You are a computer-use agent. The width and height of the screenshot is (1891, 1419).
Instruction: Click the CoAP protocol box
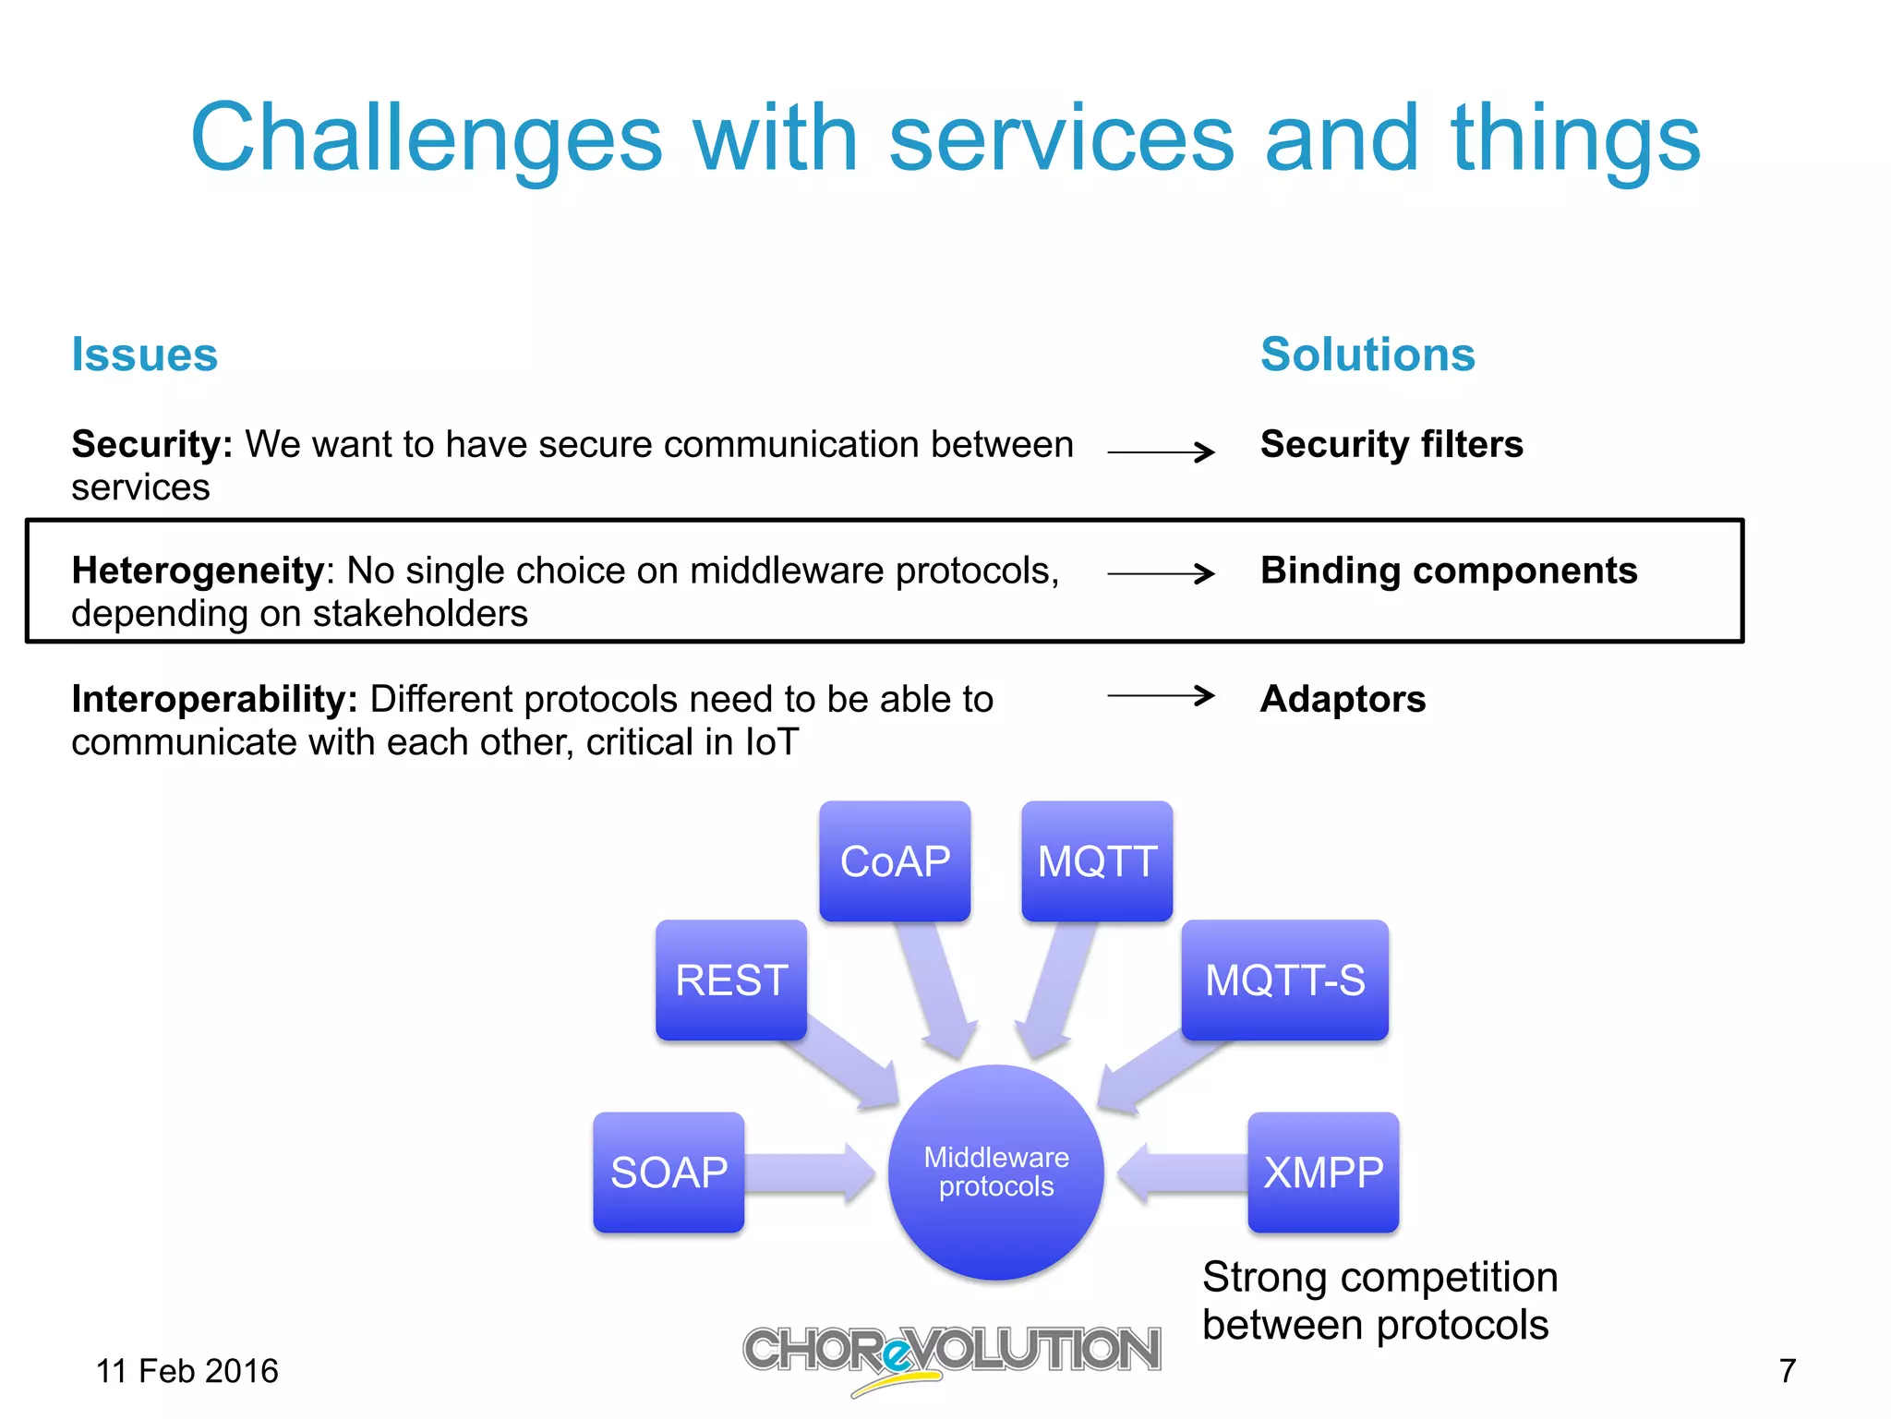point(895,860)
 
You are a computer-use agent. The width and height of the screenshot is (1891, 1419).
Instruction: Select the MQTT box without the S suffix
point(1097,860)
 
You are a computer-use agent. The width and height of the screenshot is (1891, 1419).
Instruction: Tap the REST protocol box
point(731,980)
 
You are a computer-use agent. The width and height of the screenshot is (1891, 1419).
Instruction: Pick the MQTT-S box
point(1284,980)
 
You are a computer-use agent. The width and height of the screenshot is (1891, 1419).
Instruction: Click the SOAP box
point(668,1172)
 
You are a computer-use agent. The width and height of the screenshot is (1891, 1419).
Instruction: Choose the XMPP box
point(1323,1172)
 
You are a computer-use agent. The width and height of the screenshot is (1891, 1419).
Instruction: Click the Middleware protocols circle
point(996,1172)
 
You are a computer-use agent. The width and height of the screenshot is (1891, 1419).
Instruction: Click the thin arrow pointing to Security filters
point(1161,451)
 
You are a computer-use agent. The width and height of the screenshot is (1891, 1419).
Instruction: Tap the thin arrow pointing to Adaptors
point(1161,695)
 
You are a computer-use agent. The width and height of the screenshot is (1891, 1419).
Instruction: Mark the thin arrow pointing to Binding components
point(1161,573)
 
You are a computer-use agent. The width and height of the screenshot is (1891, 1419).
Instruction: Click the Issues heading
point(145,355)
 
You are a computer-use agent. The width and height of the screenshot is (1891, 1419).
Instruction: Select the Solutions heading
point(1367,355)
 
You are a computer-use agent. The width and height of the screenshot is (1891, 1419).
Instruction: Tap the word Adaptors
point(1343,699)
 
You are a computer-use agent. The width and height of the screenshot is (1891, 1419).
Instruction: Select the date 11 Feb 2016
point(187,1371)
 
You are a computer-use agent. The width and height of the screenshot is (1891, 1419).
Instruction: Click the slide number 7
point(1788,1371)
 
